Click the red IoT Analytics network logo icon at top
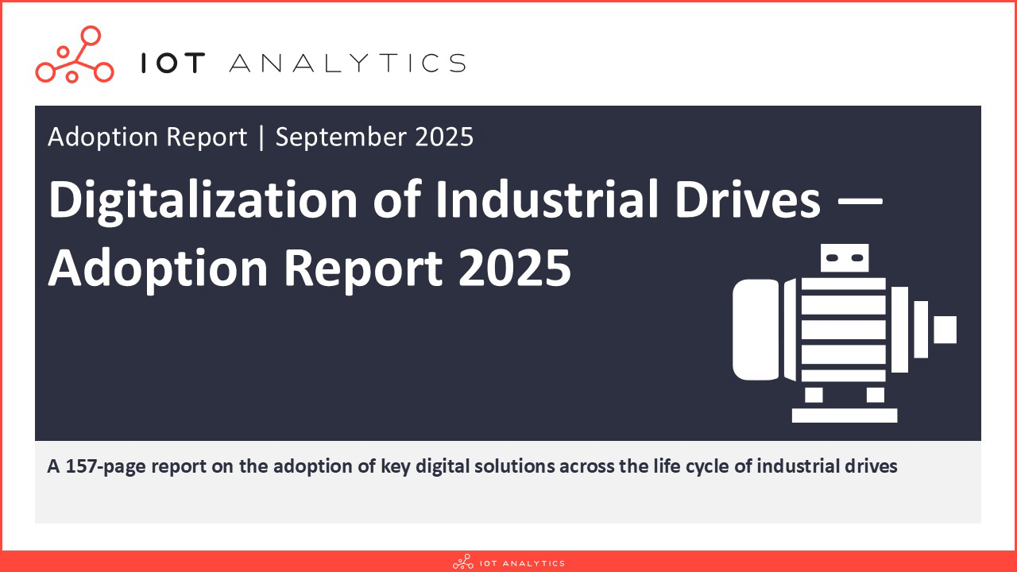[75, 55]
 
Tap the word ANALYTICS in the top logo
[348, 63]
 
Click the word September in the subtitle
[341, 137]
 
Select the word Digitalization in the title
[203, 200]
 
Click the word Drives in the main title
[748, 199]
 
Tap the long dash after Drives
[860, 200]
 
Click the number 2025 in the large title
[515, 269]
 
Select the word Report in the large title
[363, 269]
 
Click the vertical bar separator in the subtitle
[261, 137]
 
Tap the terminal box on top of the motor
[845, 258]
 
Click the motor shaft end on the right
[945, 330]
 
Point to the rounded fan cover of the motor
[756, 330]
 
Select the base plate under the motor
[845, 415]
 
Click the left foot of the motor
[814, 395]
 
